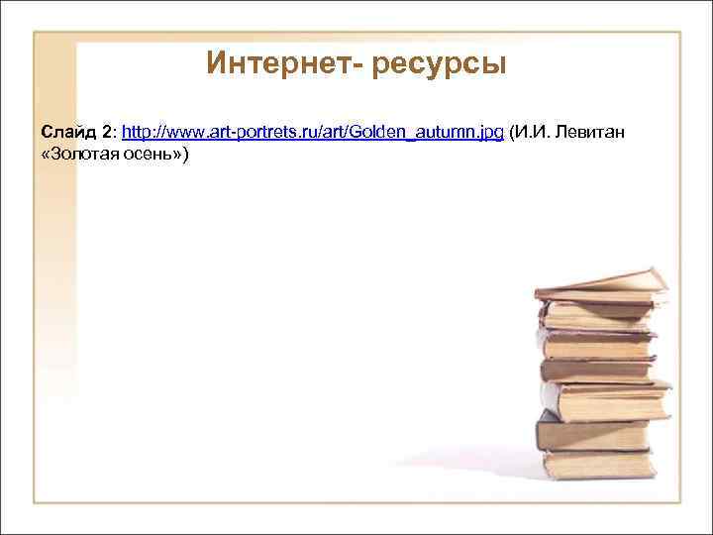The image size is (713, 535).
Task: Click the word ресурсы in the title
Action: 440,66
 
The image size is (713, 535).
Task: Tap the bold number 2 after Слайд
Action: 108,132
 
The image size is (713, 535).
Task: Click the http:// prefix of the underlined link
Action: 139,132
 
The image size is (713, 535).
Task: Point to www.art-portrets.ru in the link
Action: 221,132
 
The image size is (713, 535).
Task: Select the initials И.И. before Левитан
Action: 531,132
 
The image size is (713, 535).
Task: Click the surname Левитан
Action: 590,132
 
